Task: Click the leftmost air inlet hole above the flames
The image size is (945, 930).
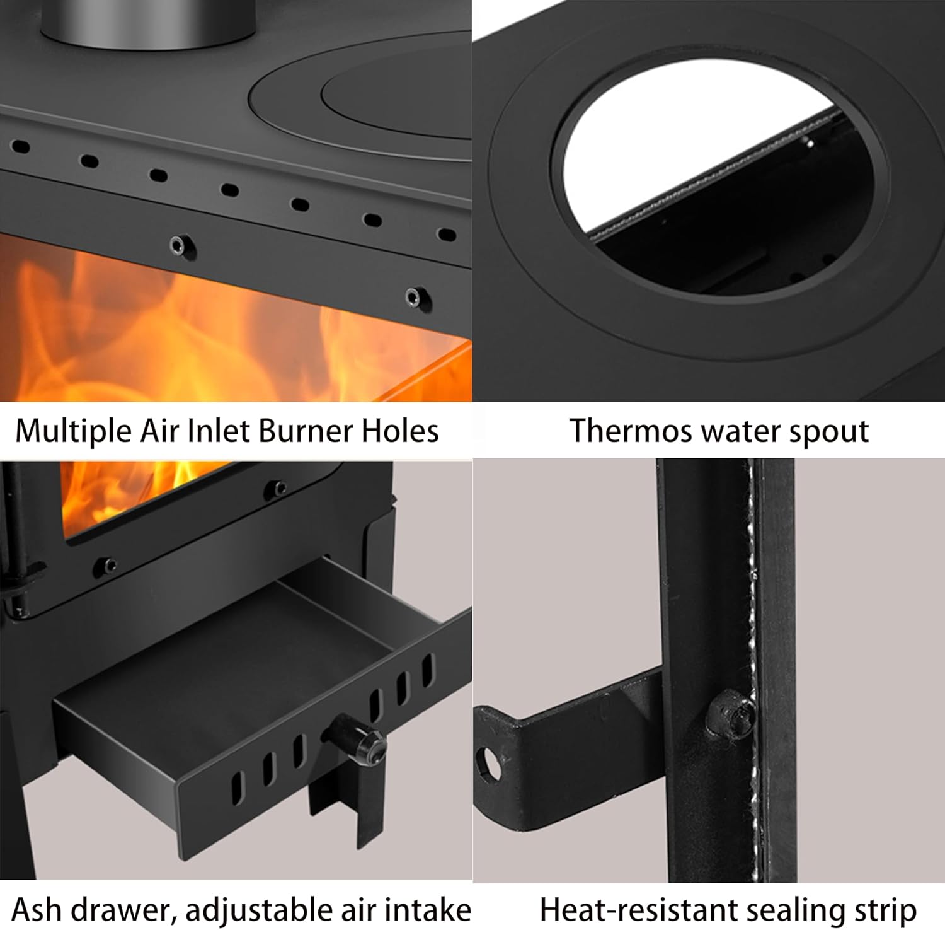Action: [21, 147]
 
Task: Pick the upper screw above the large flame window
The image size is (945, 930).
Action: [182, 244]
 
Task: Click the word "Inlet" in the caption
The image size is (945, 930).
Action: [221, 432]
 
